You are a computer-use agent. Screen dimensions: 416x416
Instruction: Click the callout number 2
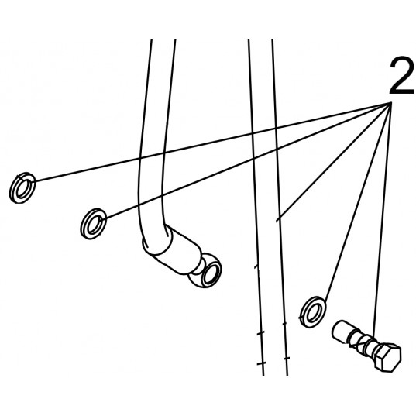point(402,76)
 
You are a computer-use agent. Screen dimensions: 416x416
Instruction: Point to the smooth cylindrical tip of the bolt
point(341,331)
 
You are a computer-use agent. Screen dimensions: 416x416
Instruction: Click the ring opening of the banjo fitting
point(211,272)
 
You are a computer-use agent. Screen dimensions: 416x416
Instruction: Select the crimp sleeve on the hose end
point(173,248)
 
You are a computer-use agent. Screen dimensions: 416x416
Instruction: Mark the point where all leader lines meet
point(391,103)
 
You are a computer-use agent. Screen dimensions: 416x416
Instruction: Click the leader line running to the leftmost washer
point(213,142)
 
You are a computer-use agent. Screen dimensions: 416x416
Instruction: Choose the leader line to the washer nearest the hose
point(249,161)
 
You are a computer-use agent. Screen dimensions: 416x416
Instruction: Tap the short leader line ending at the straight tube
point(334,162)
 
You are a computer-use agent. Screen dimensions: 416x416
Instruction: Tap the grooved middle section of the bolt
point(361,342)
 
